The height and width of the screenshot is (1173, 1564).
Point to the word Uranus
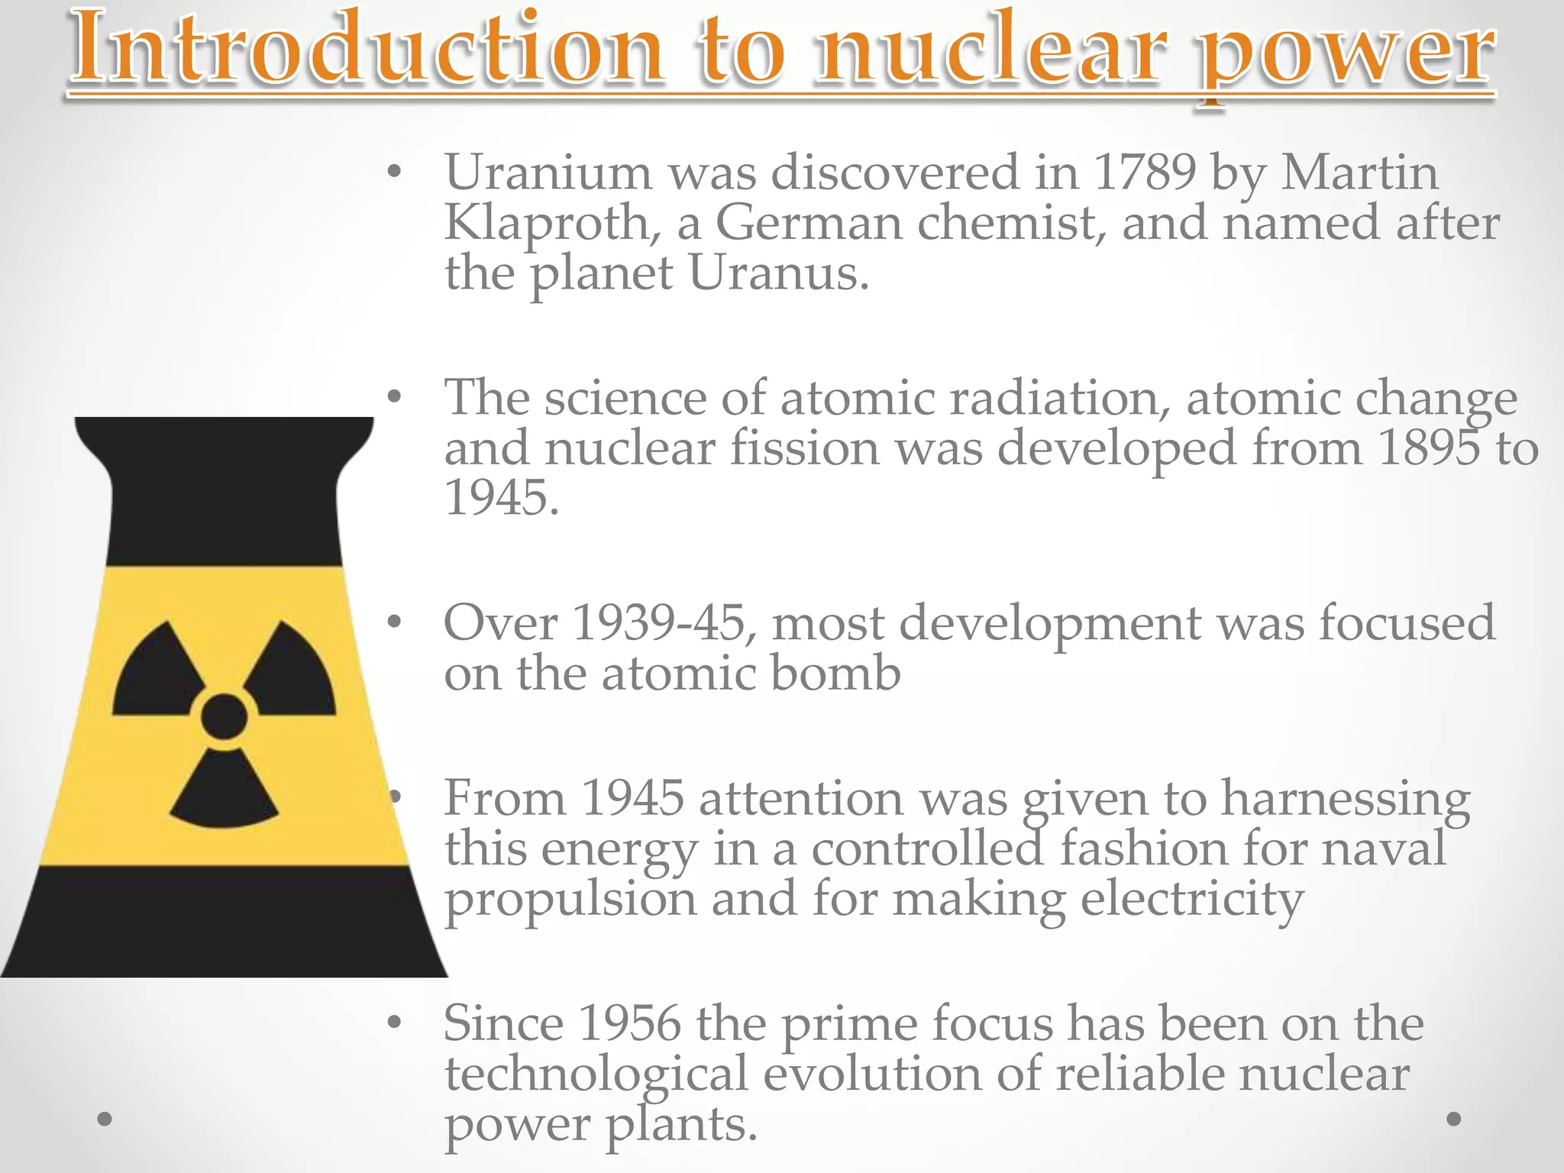tap(778, 273)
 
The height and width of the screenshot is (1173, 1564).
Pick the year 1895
tap(1430, 448)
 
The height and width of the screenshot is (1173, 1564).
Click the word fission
tap(805, 448)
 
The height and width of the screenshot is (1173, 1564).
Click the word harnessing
tap(1346, 799)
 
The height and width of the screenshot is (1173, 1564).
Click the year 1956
tap(629, 1024)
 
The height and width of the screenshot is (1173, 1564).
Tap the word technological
tap(596, 1075)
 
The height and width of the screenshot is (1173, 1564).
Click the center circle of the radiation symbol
tap(224, 716)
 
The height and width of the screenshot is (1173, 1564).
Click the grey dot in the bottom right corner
tap(1454, 1119)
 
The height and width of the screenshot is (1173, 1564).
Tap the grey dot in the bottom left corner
tap(105, 1119)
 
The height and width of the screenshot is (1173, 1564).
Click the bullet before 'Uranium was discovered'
tap(394, 173)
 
